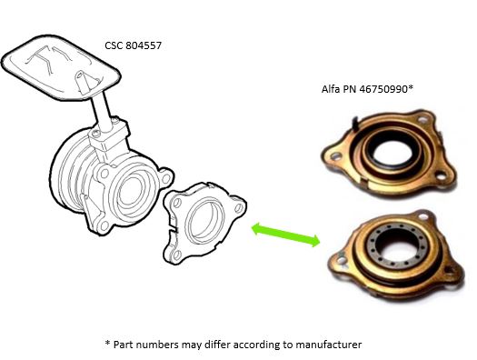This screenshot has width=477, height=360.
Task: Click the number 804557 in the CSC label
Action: click(144, 45)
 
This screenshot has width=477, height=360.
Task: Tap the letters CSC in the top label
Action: click(114, 45)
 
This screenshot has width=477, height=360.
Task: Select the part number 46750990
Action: click(383, 89)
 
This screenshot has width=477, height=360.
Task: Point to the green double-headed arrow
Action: click(285, 235)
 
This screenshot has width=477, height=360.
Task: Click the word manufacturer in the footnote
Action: click(329, 345)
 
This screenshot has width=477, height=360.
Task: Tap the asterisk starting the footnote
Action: click(107, 343)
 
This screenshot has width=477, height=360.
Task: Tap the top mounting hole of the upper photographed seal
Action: click(422, 119)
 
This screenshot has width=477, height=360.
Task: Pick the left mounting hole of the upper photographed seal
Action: click(335, 156)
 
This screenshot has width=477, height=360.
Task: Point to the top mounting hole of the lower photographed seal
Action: click(423, 216)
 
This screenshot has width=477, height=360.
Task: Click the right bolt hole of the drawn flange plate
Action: click(239, 208)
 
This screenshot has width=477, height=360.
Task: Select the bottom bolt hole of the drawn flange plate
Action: click(177, 255)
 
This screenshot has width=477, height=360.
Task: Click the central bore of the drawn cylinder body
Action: click(131, 192)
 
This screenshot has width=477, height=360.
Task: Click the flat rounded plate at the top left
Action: click(61, 67)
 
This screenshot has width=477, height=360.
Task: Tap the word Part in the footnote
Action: click(123, 345)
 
